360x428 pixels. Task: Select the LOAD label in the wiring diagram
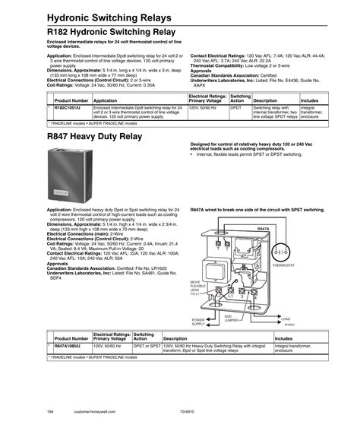286,318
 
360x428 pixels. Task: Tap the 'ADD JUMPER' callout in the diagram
228,316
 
